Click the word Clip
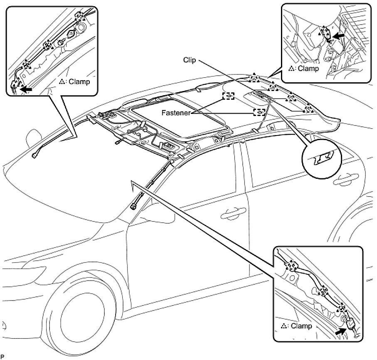[x=190, y=60]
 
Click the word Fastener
[x=176, y=113]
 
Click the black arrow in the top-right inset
[x=338, y=36]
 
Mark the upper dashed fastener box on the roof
[x=228, y=96]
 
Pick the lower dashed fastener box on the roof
[x=259, y=112]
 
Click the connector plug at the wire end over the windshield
[x=34, y=155]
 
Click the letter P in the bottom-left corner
[x=2, y=356]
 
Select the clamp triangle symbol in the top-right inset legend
[x=292, y=69]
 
